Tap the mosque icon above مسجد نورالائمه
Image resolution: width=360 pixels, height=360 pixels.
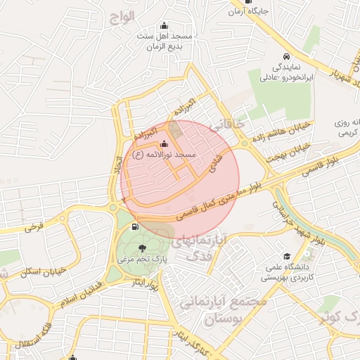click(x=164, y=143)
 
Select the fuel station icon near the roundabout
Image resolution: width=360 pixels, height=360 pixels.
click(x=134, y=227)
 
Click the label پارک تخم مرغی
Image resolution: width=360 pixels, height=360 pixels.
click(x=142, y=259)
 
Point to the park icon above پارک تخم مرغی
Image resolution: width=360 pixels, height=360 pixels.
click(x=143, y=247)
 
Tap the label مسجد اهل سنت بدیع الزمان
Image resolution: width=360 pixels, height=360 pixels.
click(x=164, y=41)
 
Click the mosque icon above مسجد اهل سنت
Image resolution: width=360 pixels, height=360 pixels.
click(x=165, y=25)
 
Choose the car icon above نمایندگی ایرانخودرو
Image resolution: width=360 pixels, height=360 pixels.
click(x=286, y=57)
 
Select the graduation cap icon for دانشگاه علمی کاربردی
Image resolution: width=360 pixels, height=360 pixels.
click(x=286, y=256)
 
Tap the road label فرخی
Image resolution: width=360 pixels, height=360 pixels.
click(x=33, y=226)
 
